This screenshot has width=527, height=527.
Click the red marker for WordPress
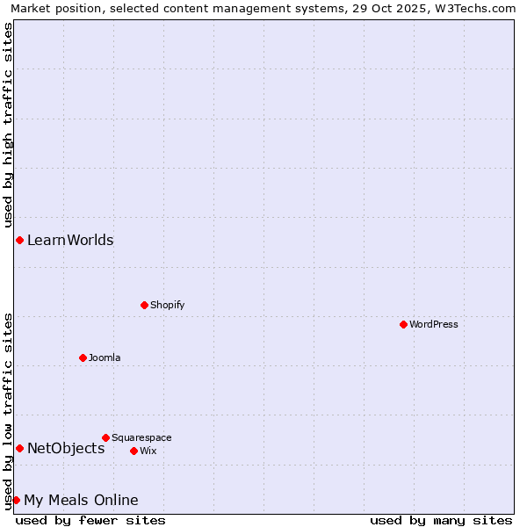tap(403, 324)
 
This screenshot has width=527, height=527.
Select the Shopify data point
tap(144, 305)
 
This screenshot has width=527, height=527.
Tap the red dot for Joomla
tap(83, 357)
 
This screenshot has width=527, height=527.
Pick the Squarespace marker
tap(105, 437)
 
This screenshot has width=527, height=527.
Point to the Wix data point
tap(134, 451)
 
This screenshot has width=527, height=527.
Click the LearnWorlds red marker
tap(19, 240)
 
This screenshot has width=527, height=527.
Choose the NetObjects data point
tap(19, 448)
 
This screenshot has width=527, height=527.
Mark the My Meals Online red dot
tap(16, 500)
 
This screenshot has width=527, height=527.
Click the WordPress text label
tap(434, 324)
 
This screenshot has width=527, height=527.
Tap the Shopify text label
tap(167, 305)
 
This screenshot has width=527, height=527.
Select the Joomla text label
tap(105, 357)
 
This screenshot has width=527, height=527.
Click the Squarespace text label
tap(141, 437)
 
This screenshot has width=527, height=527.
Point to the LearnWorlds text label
tap(70, 240)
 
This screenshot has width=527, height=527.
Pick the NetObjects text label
tap(66, 448)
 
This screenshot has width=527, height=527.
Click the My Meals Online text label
tap(81, 500)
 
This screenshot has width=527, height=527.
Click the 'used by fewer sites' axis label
tap(90, 520)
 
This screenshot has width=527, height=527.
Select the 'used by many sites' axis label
tap(441, 520)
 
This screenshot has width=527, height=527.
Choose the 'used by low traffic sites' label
tap(8, 410)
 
